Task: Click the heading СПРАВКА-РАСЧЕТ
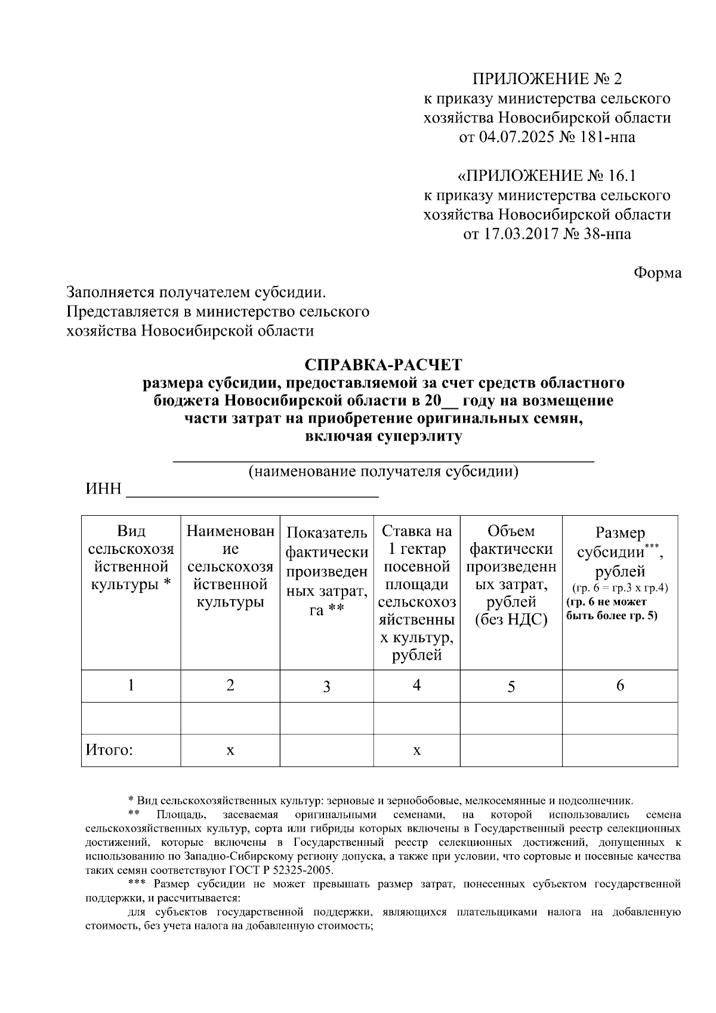click(x=383, y=365)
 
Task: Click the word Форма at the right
click(x=657, y=273)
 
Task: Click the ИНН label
click(x=104, y=490)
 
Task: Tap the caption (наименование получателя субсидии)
click(x=383, y=472)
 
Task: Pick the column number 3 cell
click(x=326, y=686)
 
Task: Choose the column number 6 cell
click(x=620, y=685)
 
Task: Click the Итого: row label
click(x=109, y=750)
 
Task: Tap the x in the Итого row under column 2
click(x=230, y=750)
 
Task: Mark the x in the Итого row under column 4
click(x=416, y=750)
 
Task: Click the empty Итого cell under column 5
click(x=511, y=750)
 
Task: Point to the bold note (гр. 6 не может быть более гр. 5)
click(x=612, y=609)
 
